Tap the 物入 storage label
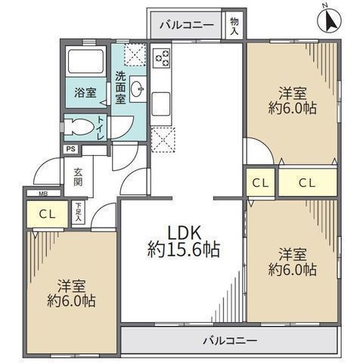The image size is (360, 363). click(x=234, y=28)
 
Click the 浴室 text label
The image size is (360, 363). click(x=85, y=93)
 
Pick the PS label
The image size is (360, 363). click(x=70, y=149)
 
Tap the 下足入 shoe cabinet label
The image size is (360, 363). click(x=78, y=209)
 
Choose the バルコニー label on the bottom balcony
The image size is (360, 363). click(x=229, y=340)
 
